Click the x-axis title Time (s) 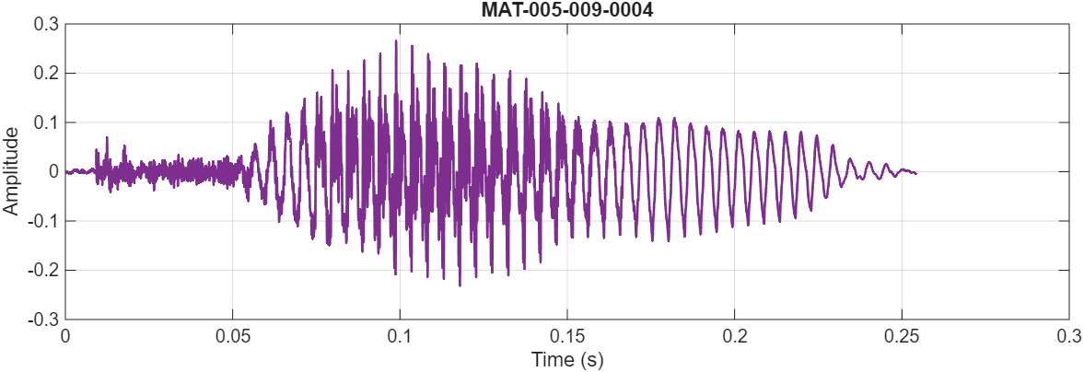pyautogui.click(x=567, y=359)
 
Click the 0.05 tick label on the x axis pyautogui.click(x=232, y=337)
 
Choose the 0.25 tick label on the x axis pyautogui.click(x=902, y=337)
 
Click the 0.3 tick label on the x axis pyautogui.click(x=1068, y=337)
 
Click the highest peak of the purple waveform pyautogui.click(x=396, y=41)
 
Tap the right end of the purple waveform pyautogui.click(x=915, y=173)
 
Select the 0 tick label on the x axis pyautogui.click(x=65, y=337)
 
